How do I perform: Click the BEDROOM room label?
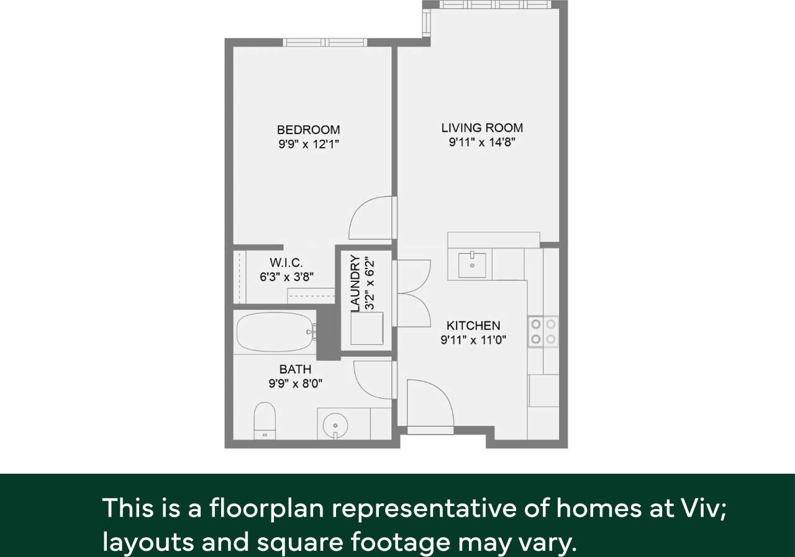point(308,130)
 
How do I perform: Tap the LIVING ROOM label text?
point(482,127)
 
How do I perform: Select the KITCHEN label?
point(473,325)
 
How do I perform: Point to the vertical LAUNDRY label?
point(355,283)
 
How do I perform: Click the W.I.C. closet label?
point(286,263)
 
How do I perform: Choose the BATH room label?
point(295,369)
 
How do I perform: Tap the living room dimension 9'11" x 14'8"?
point(483,142)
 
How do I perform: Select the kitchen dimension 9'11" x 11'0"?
point(473,340)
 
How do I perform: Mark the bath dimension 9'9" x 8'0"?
point(295,384)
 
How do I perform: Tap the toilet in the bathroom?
point(265,420)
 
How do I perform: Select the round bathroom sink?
point(335,425)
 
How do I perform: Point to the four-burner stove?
point(543,331)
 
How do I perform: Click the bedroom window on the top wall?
point(325,42)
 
